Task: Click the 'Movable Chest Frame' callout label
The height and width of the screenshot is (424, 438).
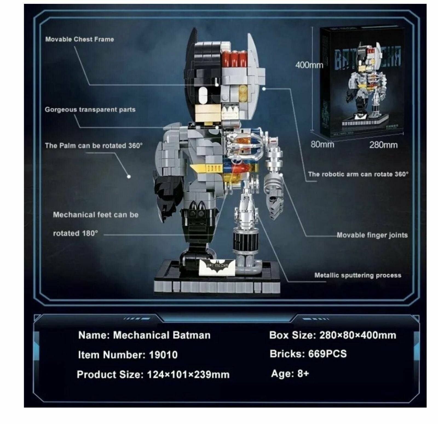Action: pos(79,39)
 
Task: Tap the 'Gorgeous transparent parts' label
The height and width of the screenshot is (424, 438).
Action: pos(90,110)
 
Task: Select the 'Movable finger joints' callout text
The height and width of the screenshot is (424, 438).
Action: pos(372,235)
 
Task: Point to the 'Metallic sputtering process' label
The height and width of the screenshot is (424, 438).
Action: pos(358,275)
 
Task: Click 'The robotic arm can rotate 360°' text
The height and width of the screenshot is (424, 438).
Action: pos(358,174)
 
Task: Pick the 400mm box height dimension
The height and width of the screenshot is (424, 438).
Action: pos(309,65)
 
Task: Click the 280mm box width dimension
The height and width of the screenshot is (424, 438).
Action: pos(383,145)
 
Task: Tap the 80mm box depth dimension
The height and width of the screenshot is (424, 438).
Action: pos(322,144)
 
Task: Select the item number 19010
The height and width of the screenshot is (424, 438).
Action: pos(163,355)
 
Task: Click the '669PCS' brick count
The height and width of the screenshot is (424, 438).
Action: pos(327,354)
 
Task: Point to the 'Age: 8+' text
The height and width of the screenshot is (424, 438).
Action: pos(290,374)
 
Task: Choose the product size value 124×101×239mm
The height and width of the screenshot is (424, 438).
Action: pos(188,374)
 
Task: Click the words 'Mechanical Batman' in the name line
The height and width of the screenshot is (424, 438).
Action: pos(162,335)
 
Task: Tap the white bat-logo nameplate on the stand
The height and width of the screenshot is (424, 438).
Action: pos(217,267)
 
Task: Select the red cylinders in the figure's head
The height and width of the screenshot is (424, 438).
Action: pos(234,58)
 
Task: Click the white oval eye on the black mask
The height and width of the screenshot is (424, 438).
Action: pos(203,96)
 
